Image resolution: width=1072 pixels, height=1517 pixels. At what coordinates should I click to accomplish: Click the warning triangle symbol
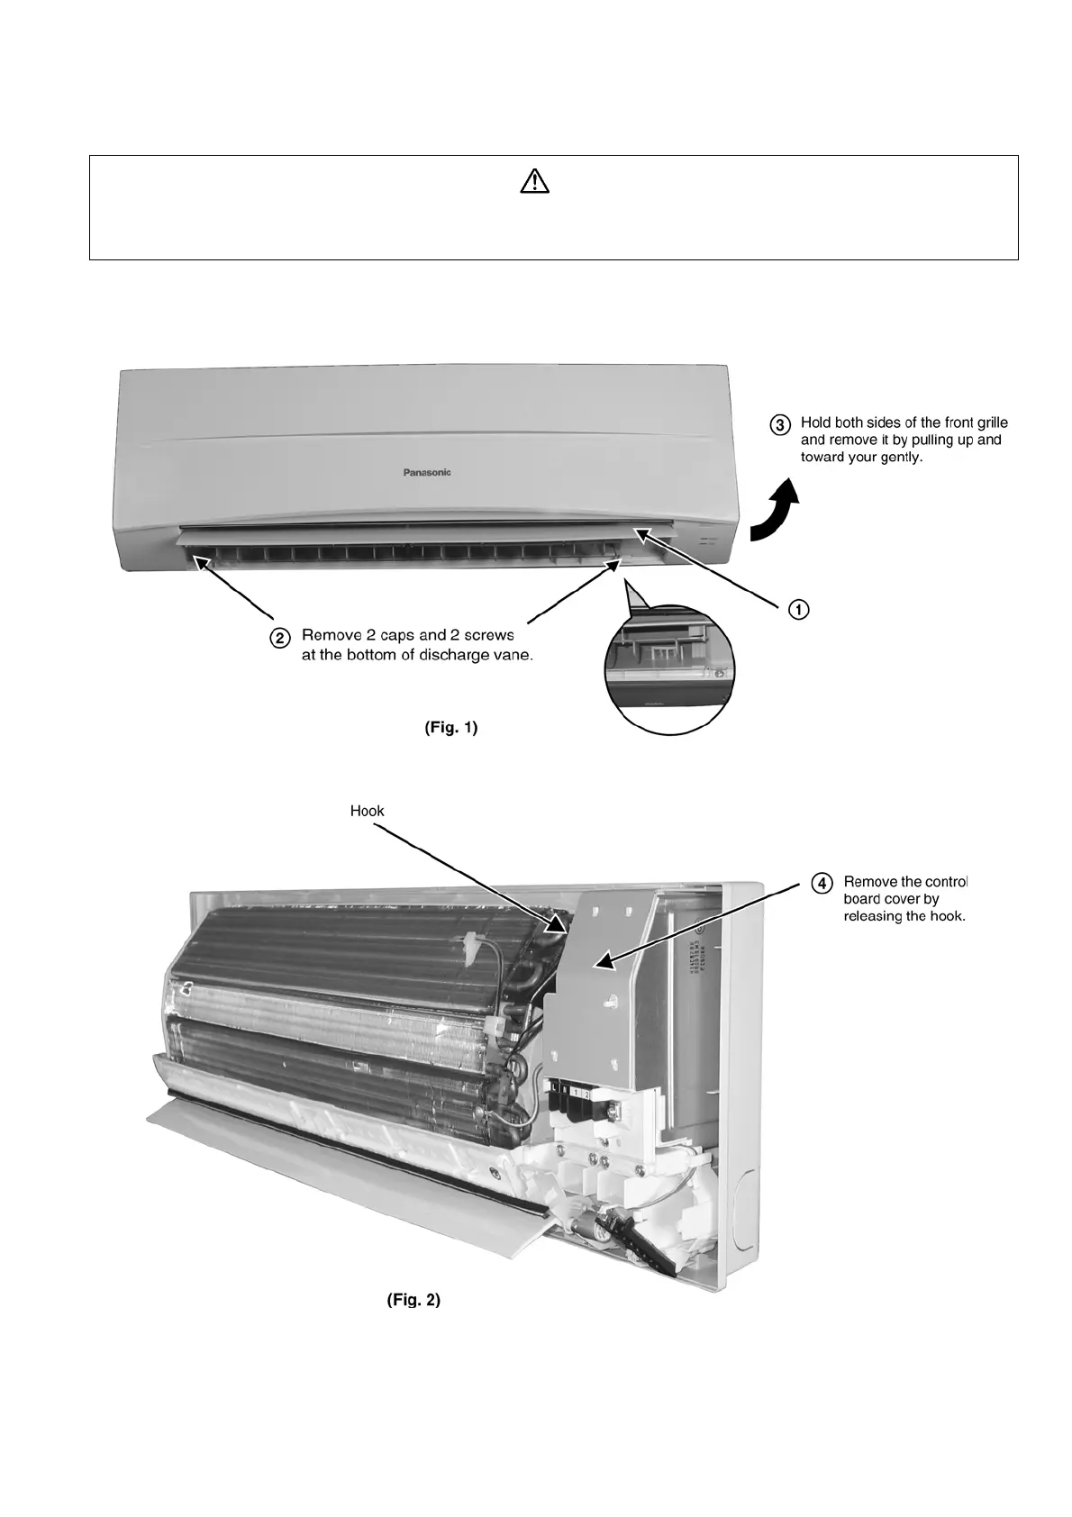[534, 183]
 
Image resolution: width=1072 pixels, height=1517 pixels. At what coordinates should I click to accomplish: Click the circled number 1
[798, 610]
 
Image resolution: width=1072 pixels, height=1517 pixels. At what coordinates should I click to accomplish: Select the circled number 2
[281, 637]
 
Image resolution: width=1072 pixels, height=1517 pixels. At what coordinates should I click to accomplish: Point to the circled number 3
[780, 423]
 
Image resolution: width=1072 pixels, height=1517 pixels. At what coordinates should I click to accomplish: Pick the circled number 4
[821, 883]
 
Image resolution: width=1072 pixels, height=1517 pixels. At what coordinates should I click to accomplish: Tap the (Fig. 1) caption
[450, 728]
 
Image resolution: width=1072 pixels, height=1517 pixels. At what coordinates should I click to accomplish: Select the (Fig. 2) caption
[413, 1300]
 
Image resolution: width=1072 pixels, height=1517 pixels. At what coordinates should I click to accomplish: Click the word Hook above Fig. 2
[367, 811]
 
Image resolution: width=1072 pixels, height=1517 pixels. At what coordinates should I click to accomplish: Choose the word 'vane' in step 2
[512, 655]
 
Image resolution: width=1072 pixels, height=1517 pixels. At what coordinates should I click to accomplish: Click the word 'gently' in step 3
[900, 457]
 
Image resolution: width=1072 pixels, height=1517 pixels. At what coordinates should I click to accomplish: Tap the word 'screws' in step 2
[488, 636]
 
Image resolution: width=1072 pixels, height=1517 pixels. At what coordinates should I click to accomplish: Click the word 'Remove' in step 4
[868, 881]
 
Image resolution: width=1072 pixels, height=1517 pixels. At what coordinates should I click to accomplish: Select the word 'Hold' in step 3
[815, 422]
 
